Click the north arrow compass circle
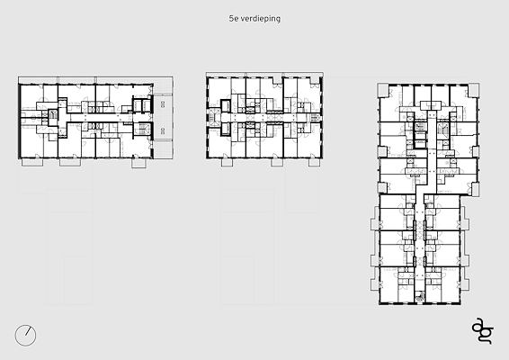point(26,335)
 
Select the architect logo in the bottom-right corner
point(483,330)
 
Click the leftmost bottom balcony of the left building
point(32,162)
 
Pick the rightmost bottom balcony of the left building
point(138,163)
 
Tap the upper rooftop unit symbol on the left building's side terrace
point(163,104)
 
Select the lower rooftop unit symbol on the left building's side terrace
point(163,130)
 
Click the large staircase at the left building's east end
point(142,129)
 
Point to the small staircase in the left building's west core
point(52,115)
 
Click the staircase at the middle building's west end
point(213,116)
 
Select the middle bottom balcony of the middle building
point(277,162)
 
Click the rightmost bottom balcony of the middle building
point(314,162)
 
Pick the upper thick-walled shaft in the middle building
point(226,106)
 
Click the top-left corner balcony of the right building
point(383,90)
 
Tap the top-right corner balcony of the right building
point(474,90)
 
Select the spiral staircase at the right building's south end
point(420,296)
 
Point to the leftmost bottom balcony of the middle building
point(227,162)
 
